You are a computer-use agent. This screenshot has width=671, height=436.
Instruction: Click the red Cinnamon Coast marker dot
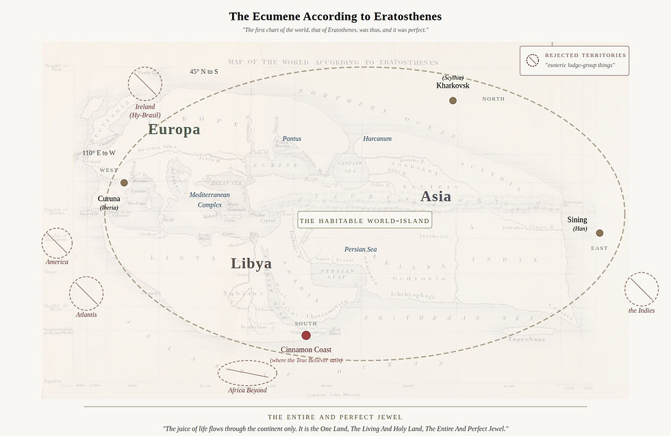(x=306, y=335)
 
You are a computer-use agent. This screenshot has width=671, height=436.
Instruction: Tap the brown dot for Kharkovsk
(x=453, y=101)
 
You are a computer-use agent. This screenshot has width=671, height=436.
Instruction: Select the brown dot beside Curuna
(x=124, y=183)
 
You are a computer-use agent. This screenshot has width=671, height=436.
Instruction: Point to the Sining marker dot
(x=600, y=233)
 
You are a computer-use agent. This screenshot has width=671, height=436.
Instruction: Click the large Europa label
(x=174, y=129)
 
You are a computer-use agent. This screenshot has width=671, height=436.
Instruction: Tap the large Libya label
(x=251, y=264)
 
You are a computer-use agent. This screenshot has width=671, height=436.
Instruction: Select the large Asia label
(x=436, y=196)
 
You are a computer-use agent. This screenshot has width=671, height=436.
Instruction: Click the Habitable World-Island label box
(x=365, y=220)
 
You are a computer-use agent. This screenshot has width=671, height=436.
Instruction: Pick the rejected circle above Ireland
(x=145, y=85)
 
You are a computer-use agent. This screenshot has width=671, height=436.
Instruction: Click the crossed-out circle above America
(x=57, y=244)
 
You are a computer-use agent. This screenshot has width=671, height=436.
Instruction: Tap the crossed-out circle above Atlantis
(x=86, y=294)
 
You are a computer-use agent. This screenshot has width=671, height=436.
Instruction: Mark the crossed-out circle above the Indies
(x=642, y=290)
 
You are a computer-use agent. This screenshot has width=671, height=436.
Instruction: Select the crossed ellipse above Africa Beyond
(x=247, y=373)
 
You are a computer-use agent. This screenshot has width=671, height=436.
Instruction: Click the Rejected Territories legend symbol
(x=533, y=60)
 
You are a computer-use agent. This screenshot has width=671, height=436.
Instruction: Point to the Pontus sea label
(x=292, y=139)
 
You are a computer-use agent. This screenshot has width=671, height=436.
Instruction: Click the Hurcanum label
(x=377, y=139)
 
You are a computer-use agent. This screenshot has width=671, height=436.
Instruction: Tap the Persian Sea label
(x=360, y=250)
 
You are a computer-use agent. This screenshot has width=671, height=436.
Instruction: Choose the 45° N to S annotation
(x=204, y=72)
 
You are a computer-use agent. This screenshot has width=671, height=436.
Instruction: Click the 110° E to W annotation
(x=99, y=153)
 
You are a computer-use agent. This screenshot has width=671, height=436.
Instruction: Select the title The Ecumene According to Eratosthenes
(x=335, y=16)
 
